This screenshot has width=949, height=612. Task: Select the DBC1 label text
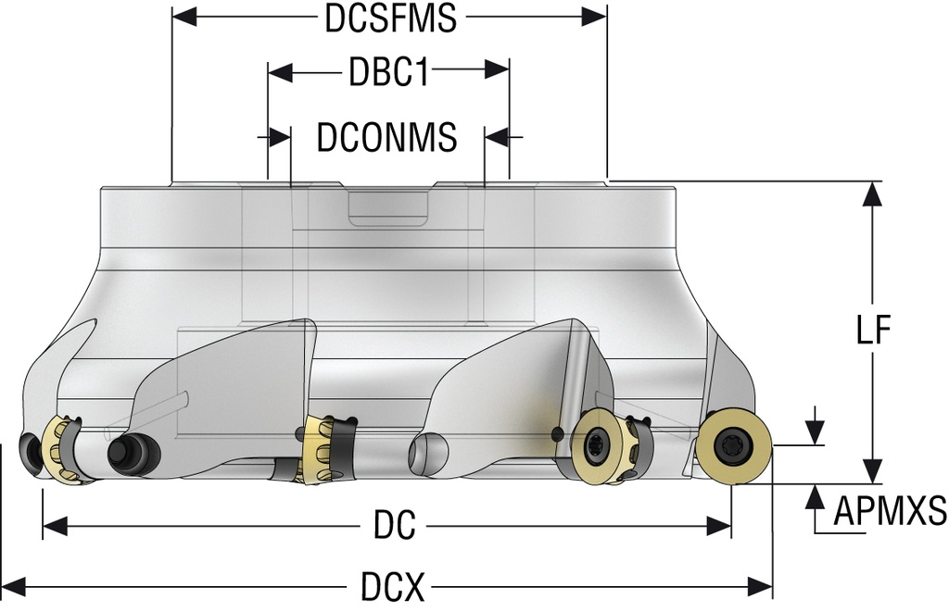point(388,72)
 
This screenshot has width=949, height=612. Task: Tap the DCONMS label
point(387,137)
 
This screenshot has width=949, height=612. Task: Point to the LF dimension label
point(872,331)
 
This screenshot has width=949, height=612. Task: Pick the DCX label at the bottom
point(393,585)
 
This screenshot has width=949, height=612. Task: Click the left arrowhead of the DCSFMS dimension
point(183,17)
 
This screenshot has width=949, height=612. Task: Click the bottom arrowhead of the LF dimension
point(872,470)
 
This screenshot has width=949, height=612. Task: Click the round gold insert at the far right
point(734,447)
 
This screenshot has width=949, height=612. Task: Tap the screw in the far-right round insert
point(734,447)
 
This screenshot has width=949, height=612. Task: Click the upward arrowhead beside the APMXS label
point(816,499)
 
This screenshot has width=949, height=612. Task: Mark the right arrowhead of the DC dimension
point(721,527)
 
